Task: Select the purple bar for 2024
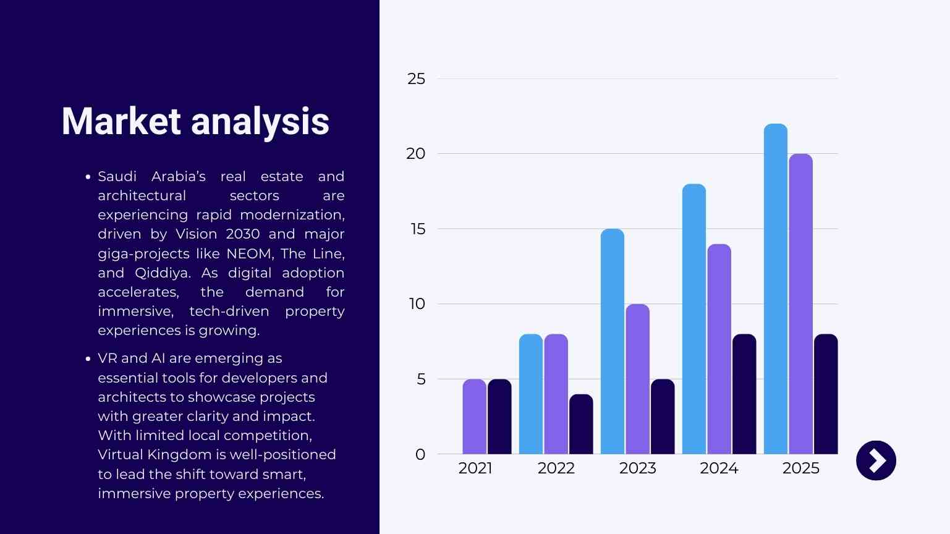point(719,349)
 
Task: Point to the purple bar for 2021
point(474,417)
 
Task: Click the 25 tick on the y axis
point(417,79)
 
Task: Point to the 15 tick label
point(418,229)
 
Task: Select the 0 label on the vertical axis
point(420,455)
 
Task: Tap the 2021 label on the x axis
point(475,468)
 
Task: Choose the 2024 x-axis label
point(719,468)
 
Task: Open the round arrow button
point(876,460)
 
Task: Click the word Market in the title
point(121,121)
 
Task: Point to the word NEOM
point(249,254)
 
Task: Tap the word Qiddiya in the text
point(162,273)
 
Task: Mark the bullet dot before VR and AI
point(88,359)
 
